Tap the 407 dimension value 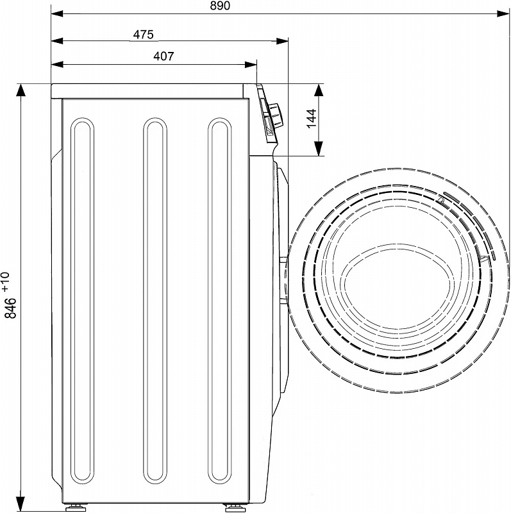pyautogui.click(x=163, y=56)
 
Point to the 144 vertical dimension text pyautogui.click(x=312, y=119)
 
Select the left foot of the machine pyautogui.click(x=75, y=507)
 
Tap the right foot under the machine pyautogui.click(x=233, y=507)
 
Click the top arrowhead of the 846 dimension pyautogui.click(x=21, y=90)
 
